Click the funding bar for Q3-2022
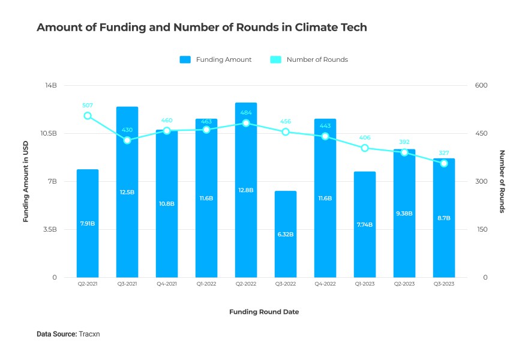click(286, 234)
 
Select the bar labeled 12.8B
click(246, 190)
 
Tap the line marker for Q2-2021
click(88, 116)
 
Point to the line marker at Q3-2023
click(444, 163)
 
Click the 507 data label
click(88, 105)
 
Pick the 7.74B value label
click(365, 224)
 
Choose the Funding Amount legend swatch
click(185, 59)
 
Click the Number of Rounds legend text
click(317, 59)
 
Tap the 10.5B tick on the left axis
click(48, 133)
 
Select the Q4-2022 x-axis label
click(325, 284)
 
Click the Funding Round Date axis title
click(264, 312)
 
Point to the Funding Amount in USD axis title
click(26, 181)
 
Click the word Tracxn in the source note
click(89, 334)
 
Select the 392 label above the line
click(404, 142)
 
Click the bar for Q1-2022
click(206, 198)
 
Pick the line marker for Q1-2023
click(365, 148)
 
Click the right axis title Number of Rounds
click(502, 181)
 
